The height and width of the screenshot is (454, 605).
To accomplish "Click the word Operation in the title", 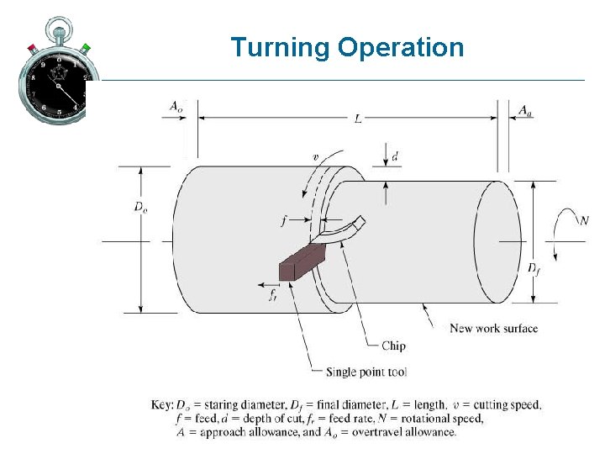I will (401, 48).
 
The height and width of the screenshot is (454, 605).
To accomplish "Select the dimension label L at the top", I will (358, 119).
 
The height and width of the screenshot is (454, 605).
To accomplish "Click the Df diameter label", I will (534, 268).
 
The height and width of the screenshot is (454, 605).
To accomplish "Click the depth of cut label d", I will (396, 157).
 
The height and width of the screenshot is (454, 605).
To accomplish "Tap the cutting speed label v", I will (316, 157).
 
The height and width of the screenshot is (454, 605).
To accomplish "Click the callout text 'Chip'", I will (393, 346).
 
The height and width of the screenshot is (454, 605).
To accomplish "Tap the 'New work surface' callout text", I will (494, 328).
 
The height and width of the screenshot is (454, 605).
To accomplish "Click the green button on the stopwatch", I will (85, 47).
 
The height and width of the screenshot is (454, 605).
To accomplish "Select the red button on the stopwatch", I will (31, 47).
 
